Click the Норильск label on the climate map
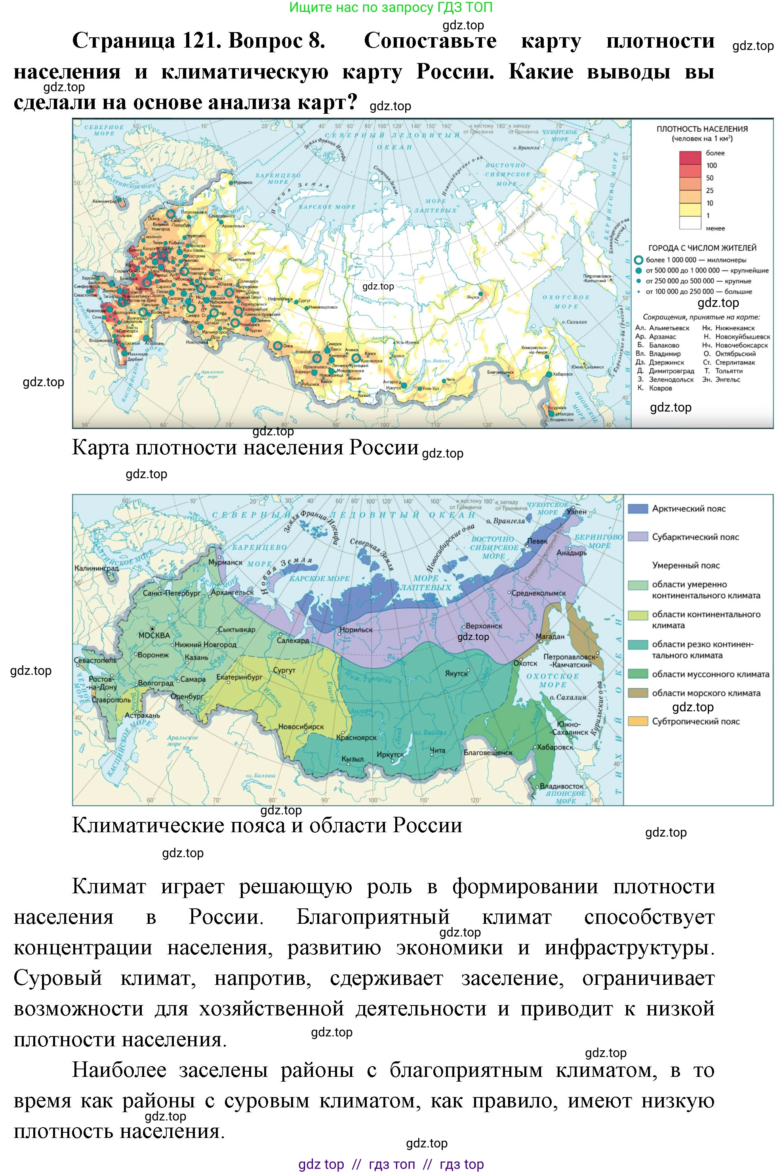coord(356,630)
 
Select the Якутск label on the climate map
coord(456,673)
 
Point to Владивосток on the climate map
coord(561,786)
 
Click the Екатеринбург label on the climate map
coord(239,677)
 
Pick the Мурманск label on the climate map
coord(225,562)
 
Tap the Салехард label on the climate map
coord(293,640)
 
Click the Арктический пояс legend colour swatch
coord(638,509)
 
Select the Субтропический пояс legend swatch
coord(638,721)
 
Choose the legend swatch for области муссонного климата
coord(638,674)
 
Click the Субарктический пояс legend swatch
coord(638,537)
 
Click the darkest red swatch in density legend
coord(690,157)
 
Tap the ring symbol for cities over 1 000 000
coord(638,260)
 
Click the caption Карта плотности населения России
coord(245,447)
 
